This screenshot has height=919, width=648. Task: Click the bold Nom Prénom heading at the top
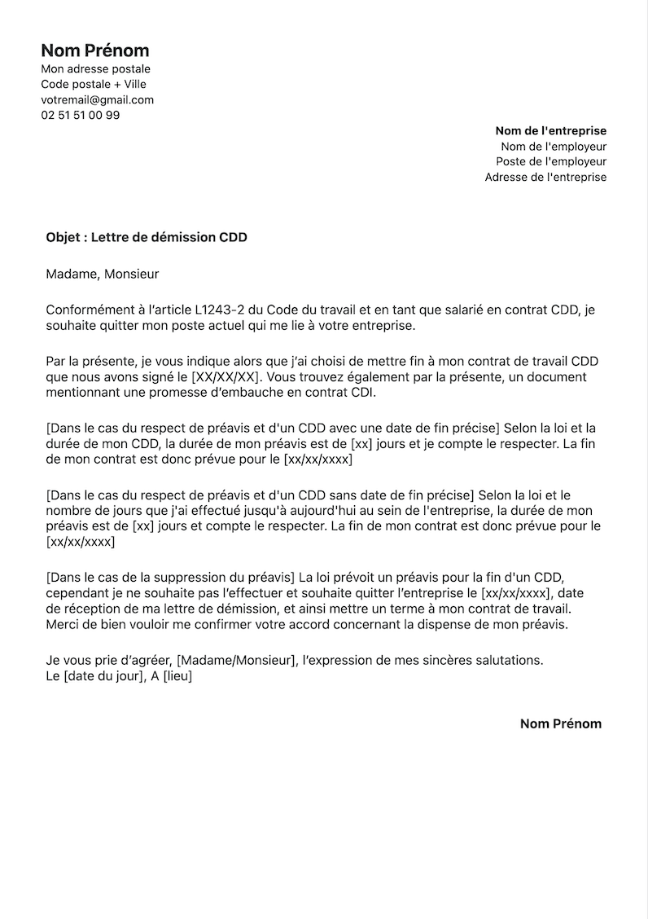click(x=95, y=51)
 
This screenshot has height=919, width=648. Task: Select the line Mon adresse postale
click(x=95, y=69)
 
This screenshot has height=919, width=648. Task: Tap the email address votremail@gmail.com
click(x=97, y=100)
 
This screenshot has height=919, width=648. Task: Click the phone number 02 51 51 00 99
click(x=81, y=116)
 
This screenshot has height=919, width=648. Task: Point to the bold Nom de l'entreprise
click(x=550, y=131)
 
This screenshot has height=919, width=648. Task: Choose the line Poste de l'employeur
click(x=551, y=162)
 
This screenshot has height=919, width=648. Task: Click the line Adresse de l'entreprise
click(x=545, y=178)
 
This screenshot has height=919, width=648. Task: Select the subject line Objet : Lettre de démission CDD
click(x=147, y=238)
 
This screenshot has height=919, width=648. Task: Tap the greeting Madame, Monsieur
click(x=103, y=275)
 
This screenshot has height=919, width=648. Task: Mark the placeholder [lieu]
click(x=177, y=676)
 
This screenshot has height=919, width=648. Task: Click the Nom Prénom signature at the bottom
click(x=560, y=723)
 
